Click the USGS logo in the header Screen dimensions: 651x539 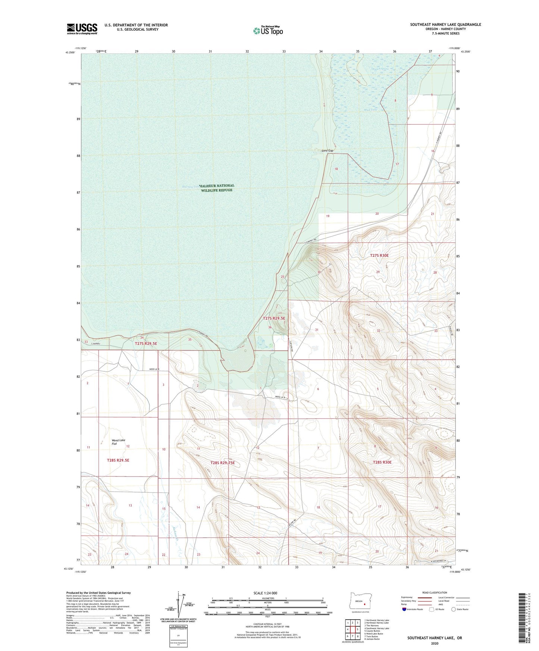pyautogui.click(x=82, y=29)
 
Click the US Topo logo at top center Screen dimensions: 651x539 pyautogui.click(x=268, y=31)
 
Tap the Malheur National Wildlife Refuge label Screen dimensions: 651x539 pyautogui.click(x=217, y=188)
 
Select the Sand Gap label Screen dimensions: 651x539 pyautogui.click(x=327, y=151)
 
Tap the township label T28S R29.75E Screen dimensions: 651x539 pyautogui.click(x=222, y=463)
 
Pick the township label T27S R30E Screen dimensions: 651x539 pyautogui.click(x=379, y=255)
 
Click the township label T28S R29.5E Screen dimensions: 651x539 pyautogui.click(x=118, y=460)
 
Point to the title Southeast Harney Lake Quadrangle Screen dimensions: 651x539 pyautogui.click(x=445, y=25)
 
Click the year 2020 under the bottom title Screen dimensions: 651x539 pyautogui.click(x=434, y=643)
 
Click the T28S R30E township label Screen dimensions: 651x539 pyautogui.click(x=382, y=462)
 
